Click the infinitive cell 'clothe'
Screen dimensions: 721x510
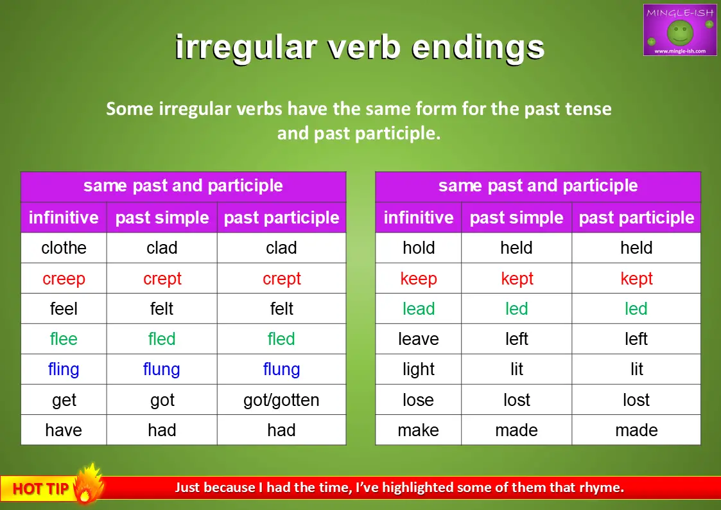pos(64,248)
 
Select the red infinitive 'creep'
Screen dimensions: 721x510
pos(64,279)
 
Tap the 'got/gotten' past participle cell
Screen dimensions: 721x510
pos(281,400)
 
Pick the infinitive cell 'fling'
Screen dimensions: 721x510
pos(64,369)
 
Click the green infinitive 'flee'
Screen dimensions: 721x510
pos(64,339)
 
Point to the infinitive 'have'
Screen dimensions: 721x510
pos(64,430)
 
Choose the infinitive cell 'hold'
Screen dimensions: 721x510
pos(419,248)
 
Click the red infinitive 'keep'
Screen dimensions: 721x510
pos(419,279)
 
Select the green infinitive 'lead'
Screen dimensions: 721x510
pos(419,308)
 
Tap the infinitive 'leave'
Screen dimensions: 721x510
pos(419,339)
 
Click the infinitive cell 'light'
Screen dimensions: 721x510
pos(419,369)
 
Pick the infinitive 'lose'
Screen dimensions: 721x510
pos(419,400)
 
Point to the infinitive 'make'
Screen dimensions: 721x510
pos(419,430)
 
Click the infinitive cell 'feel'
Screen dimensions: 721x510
pos(64,308)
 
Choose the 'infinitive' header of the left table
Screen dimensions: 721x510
pos(64,218)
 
